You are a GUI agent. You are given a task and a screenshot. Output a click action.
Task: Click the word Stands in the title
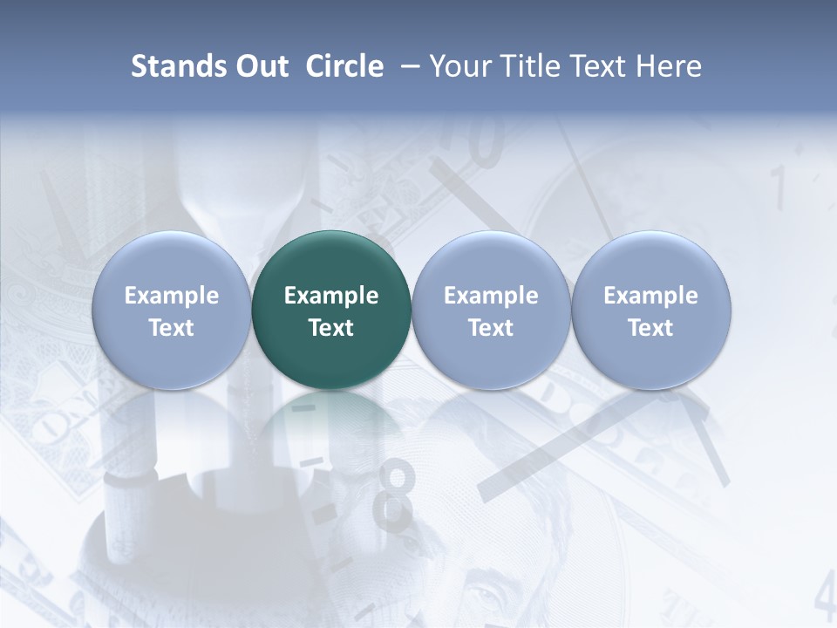pos(177,66)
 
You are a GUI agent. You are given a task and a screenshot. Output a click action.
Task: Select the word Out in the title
pos(259,66)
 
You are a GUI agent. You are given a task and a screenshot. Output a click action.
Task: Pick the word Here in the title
pos(669,66)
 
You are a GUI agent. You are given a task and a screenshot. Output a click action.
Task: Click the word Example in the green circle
pos(331,296)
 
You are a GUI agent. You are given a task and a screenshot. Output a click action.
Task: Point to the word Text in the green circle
pos(331,328)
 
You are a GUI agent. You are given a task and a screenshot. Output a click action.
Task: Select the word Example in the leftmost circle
pos(172,296)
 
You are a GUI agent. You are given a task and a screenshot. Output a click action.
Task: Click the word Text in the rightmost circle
pos(650,328)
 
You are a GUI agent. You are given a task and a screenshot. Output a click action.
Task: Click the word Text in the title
pos(602,66)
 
